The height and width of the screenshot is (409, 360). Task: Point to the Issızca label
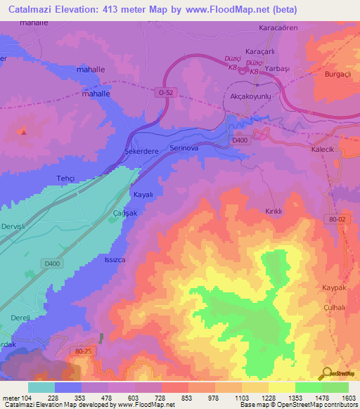(x=115, y=259)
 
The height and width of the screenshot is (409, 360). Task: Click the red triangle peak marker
(x=23, y=131)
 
